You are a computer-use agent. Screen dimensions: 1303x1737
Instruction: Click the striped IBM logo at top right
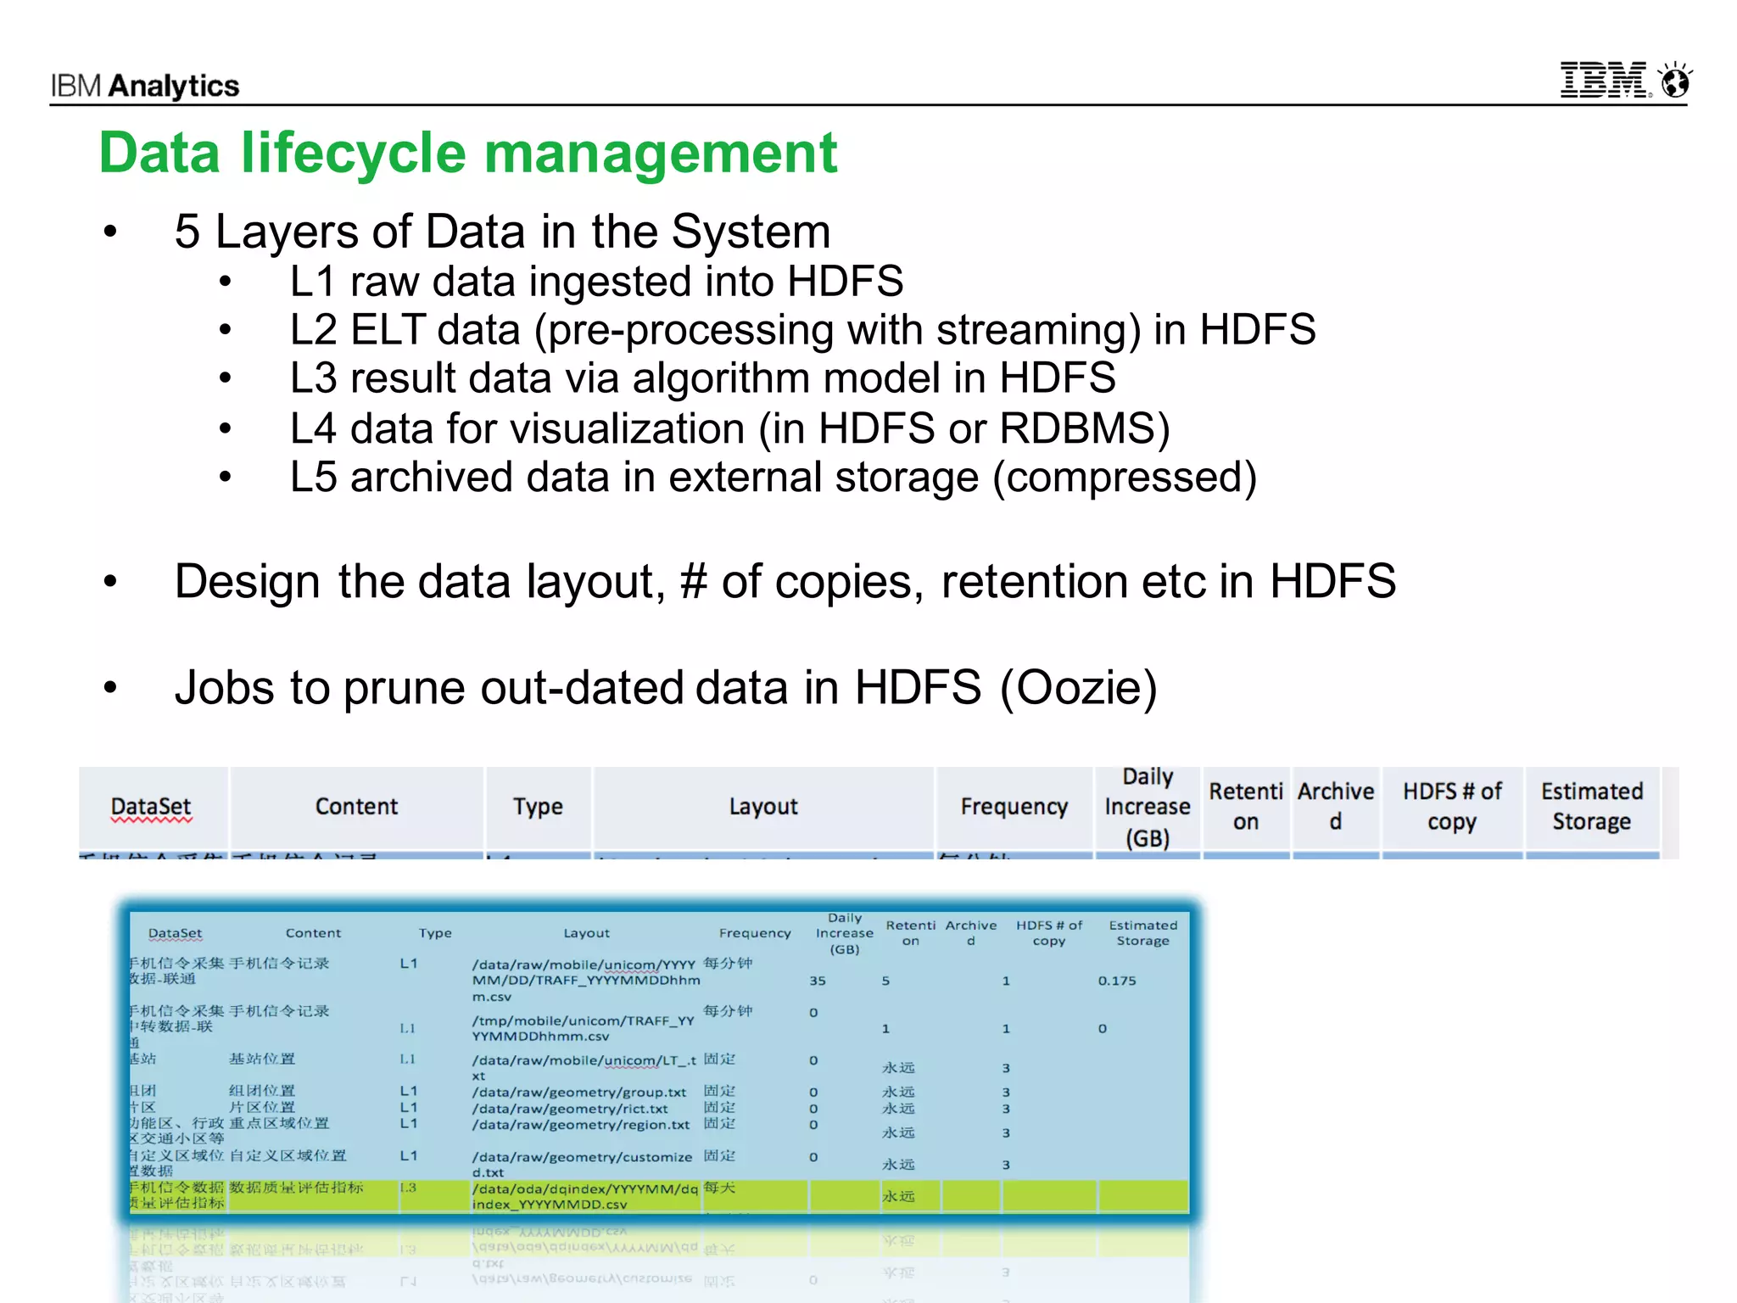click(1604, 81)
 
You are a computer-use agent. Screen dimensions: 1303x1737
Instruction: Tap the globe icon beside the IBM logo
click(1676, 81)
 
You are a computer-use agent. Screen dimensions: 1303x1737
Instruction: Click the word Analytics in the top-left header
click(174, 86)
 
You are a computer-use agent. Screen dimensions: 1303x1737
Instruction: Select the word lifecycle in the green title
click(353, 154)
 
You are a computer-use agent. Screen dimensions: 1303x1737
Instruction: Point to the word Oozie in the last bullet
click(1078, 687)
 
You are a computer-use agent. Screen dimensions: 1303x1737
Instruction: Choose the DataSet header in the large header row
click(152, 807)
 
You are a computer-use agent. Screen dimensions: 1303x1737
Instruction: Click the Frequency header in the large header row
click(1014, 807)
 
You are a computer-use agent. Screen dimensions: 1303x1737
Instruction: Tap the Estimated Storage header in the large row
click(1591, 807)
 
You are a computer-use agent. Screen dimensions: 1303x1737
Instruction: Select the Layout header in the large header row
click(763, 807)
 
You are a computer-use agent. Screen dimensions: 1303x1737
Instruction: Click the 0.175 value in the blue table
click(1117, 981)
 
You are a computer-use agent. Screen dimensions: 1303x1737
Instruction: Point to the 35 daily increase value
click(818, 981)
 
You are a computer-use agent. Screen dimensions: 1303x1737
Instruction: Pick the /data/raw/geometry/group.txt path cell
click(579, 1093)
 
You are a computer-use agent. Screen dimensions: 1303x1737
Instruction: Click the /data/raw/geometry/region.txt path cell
click(581, 1125)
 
